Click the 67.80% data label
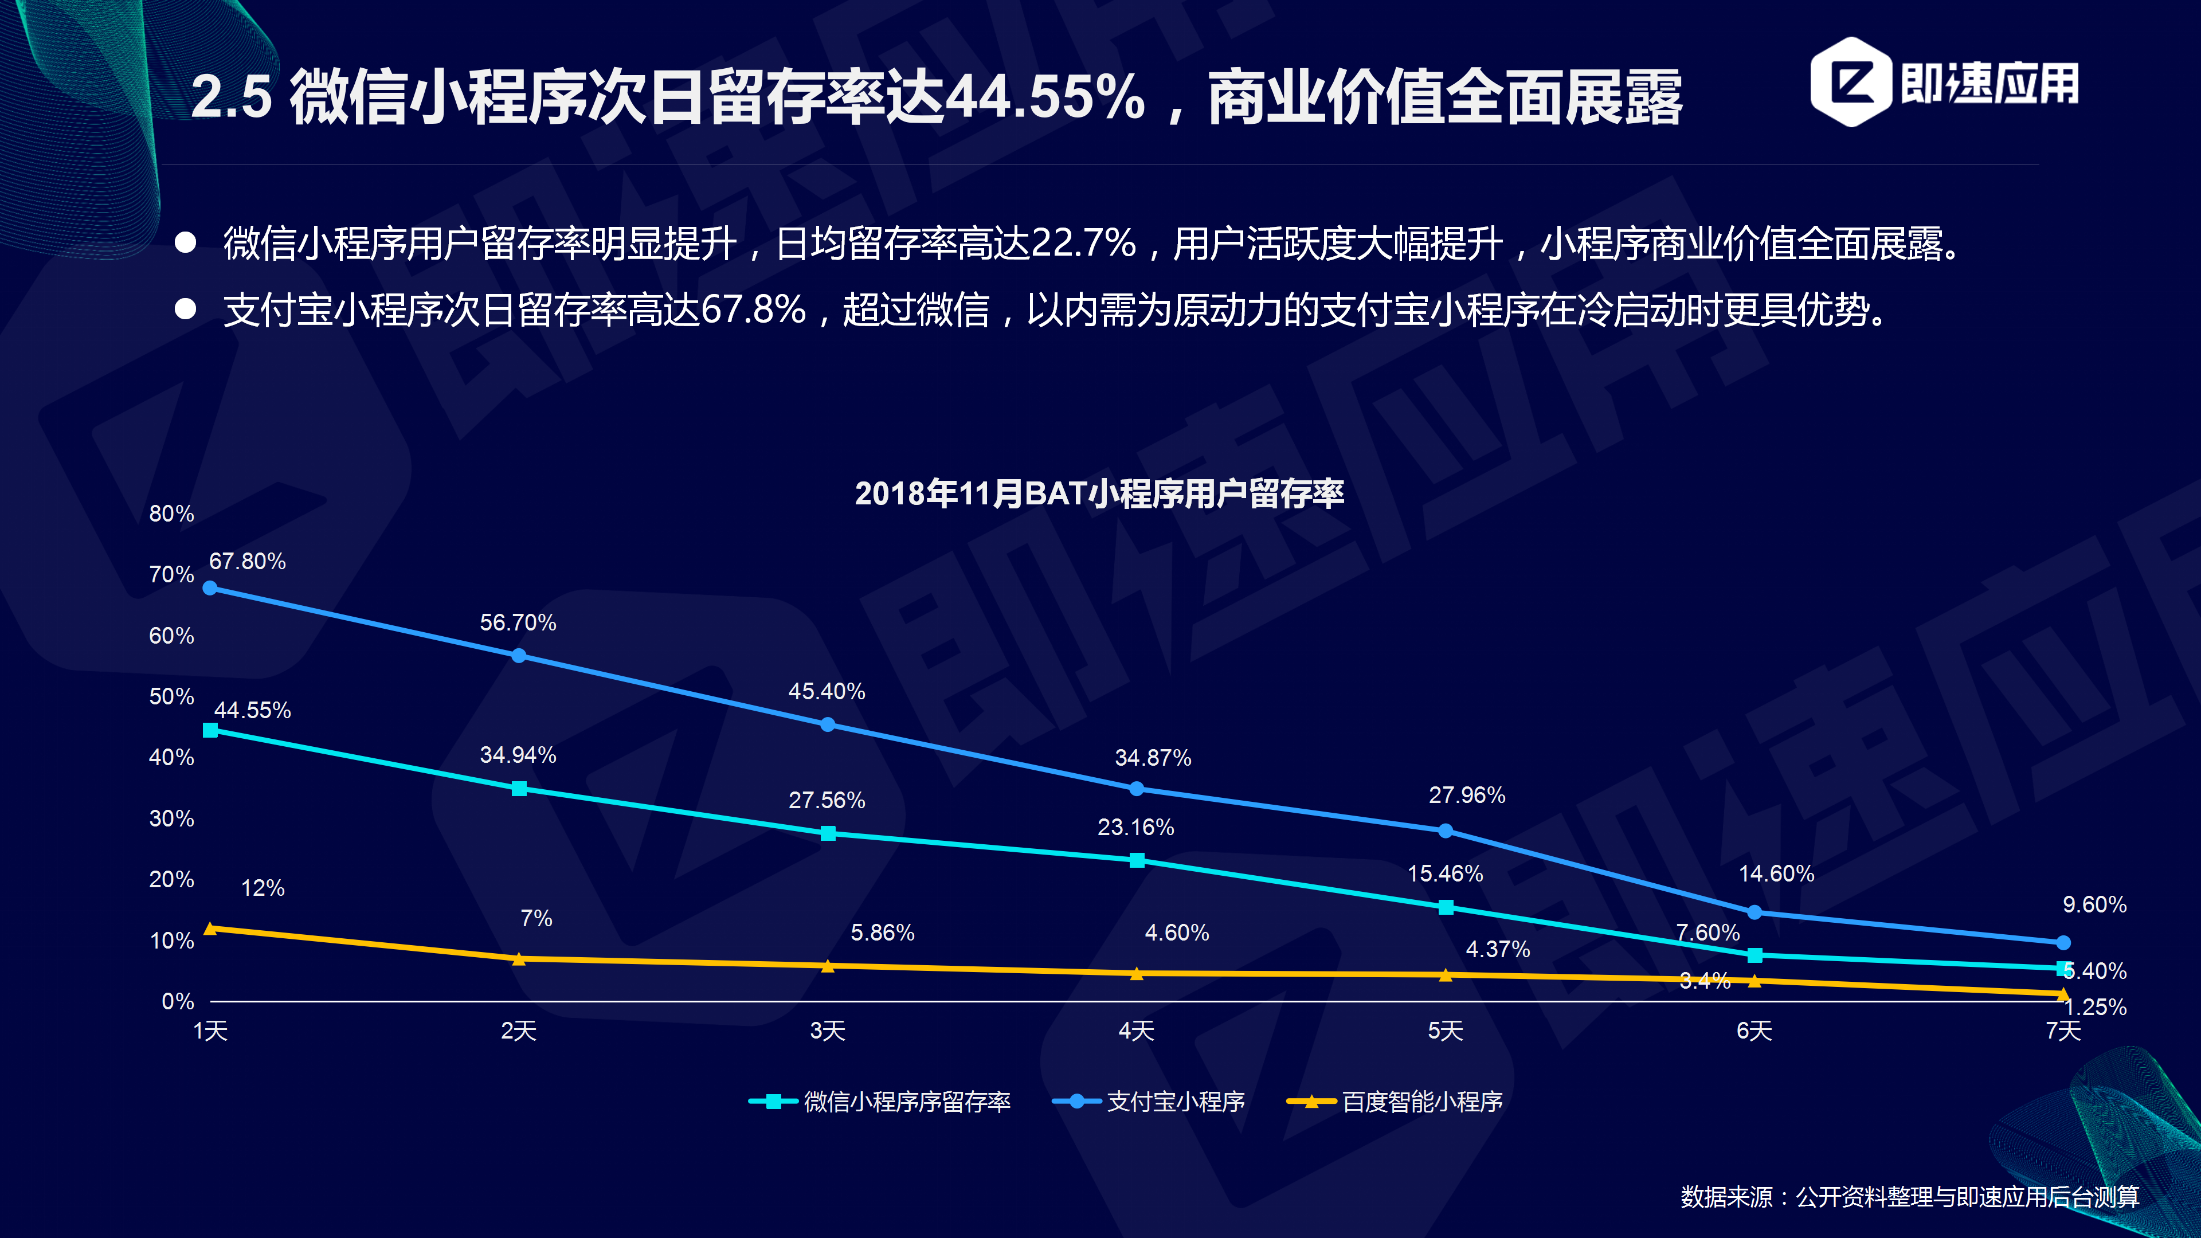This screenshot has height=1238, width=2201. (x=247, y=561)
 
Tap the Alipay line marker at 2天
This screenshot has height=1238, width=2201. (x=519, y=655)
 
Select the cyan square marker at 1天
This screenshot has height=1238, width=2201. (x=210, y=730)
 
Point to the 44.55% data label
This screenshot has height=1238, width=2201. (x=252, y=710)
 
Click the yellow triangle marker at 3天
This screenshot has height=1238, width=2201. (x=827, y=965)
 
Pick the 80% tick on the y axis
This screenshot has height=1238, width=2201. (x=172, y=514)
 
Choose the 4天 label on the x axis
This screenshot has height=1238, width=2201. (x=1137, y=1031)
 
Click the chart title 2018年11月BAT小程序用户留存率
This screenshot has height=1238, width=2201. (x=1100, y=494)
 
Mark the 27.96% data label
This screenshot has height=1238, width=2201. (x=1467, y=796)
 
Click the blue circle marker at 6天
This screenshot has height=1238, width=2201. (x=1754, y=912)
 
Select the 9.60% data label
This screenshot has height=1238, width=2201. (x=2094, y=905)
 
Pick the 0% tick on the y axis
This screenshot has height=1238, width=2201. (x=178, y=1001)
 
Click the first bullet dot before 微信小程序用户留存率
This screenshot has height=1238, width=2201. (x=185, y=242)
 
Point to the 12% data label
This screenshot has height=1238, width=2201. (x=263, y=888)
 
